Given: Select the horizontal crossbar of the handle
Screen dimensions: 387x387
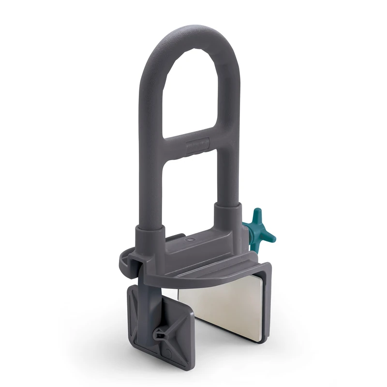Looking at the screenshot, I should tap(189, 145).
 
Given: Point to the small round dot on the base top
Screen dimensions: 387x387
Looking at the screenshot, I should tap(189, 239).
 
